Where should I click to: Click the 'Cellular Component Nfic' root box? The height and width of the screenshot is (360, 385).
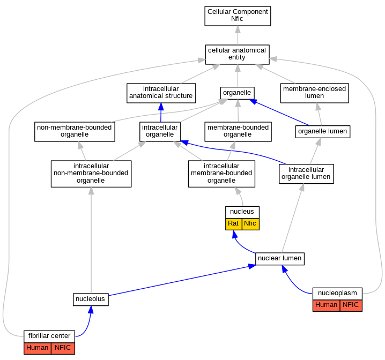click(238, 16)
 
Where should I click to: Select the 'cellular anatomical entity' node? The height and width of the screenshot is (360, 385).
click(237, 55)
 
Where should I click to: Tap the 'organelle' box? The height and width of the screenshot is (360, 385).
click(237, 93)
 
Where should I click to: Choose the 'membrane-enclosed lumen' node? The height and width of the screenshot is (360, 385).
click(315, 93)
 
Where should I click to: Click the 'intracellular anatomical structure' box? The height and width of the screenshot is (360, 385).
click(161, 93)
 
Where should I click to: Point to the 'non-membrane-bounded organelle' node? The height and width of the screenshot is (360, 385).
click(75, 131)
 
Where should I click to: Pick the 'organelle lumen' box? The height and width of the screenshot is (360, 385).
click(323, 132)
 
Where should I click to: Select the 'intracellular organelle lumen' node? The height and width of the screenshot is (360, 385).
click(306, 174)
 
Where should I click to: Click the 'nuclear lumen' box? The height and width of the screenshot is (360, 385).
click(280, 259)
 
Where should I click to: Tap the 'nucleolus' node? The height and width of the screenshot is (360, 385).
click(91, 299)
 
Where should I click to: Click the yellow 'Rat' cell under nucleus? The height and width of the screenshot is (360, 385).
click(233, 224)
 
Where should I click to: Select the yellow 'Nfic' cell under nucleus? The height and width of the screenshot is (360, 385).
click(250, 224)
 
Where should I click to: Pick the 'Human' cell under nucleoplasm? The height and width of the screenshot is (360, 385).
click(327, 305)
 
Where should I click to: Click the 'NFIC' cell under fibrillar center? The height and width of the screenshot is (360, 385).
click(63, 348)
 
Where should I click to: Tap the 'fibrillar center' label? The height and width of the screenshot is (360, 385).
click(49, 336)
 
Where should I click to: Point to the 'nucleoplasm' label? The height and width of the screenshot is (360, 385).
click(337, 294)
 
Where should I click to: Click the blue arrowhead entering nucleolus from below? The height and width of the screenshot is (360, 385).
click(91, 310)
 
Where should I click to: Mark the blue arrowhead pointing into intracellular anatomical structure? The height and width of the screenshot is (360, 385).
click(161, 107)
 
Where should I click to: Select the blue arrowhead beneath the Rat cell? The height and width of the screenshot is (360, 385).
click(235, 234)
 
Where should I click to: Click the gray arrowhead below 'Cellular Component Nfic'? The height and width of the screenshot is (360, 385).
click(238, 29)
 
